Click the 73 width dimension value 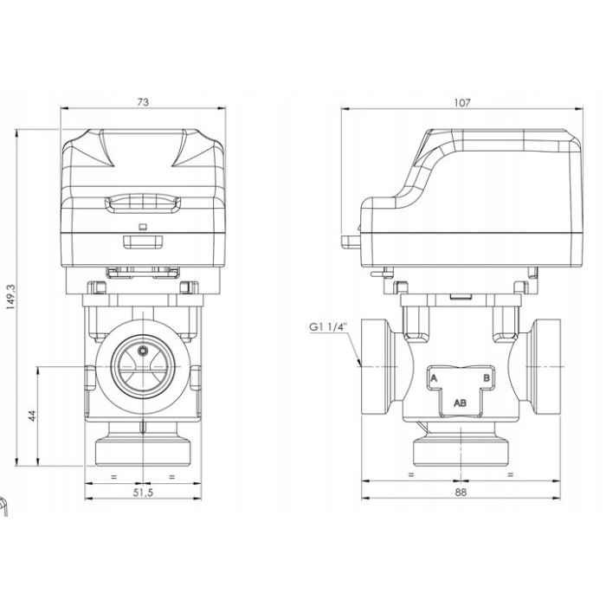tap(143, 102)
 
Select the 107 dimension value tap(461, 102)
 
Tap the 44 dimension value tap(31, 416)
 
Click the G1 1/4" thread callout tap(326, 327)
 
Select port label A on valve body tap(434, 379)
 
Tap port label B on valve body tap(487, 379)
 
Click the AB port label tap(461, 403)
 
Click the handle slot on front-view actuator tap(143, 204)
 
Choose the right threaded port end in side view tap(545, 367)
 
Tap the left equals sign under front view tap(113, 477)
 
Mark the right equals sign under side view tap(511, 477)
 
